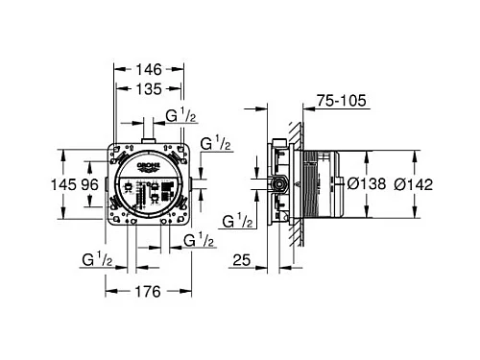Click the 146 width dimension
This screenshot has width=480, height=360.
(x=149, y=69)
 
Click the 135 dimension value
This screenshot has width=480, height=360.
(x=149, y=89)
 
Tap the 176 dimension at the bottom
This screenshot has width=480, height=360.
(x=148, y=292)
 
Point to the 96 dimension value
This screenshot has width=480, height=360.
(x=89, y=184)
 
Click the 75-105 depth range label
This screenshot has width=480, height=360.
(x=342, y=101)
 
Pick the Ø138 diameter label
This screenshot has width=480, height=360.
(x=367, y=184)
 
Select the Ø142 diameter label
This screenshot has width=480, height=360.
(x=414, y=184)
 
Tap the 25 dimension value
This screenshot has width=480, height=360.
(x=242, y=260)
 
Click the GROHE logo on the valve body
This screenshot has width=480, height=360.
(x=149, y=165)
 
